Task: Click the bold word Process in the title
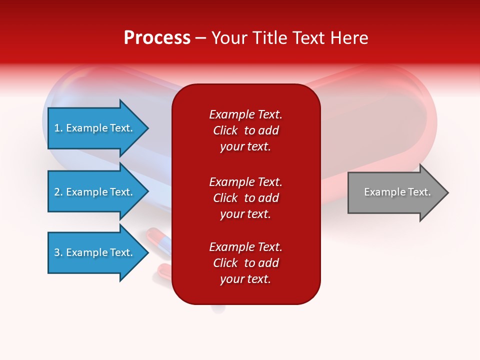157,38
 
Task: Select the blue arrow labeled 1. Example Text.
95,128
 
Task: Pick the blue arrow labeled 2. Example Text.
95,192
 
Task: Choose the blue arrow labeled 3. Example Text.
95,252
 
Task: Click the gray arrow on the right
395,192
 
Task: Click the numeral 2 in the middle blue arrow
57,192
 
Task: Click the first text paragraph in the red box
245,130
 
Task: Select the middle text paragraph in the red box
245,198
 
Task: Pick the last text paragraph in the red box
245,263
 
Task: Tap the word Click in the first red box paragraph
225,130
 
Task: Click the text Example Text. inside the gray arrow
397,192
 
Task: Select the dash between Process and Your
201,38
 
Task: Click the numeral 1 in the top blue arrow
57,128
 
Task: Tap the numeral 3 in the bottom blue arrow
57,252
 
